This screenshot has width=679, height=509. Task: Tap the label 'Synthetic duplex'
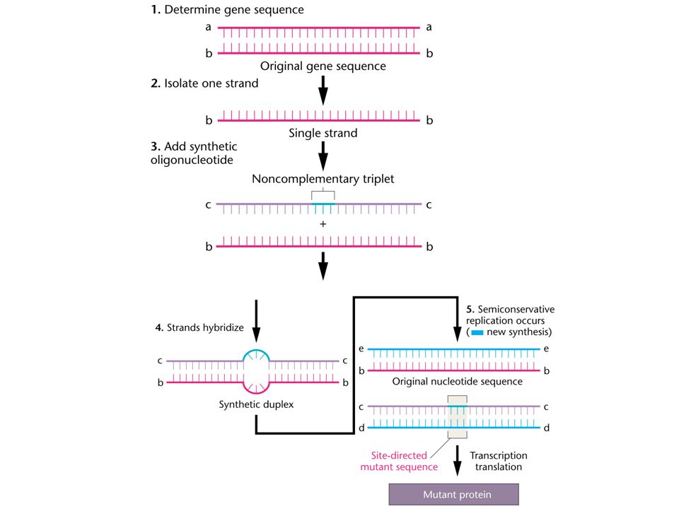pos(256,404)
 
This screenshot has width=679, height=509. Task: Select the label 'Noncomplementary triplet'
pos(323,179)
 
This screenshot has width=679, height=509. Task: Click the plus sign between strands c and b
pos(323,224)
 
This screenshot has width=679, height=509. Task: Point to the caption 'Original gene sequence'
pos(323,66)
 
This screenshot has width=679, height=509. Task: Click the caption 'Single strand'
pos(323,133)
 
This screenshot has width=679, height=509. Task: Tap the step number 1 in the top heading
pos(155,9)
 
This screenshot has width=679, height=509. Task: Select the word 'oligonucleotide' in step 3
pos(192,160)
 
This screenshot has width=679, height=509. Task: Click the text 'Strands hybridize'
pos(205,327)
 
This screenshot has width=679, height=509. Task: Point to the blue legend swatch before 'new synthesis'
pos(477,332)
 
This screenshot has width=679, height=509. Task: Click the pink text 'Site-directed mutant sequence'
pos(399,461)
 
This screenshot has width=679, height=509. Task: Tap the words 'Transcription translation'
pos(499,461)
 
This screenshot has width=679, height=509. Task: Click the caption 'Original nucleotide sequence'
pos(458,381)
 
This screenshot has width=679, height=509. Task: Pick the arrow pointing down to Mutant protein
pos(458,460)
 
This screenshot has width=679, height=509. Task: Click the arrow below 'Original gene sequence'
pos(323,90)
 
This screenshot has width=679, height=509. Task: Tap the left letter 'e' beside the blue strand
pos(361,349)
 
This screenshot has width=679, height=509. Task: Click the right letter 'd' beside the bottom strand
pos(547,428)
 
